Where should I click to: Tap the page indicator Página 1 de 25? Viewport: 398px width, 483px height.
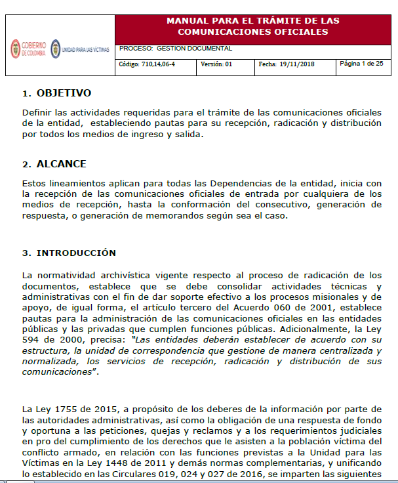coord(361,64)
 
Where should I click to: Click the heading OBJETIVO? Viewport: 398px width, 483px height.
coord(64,93)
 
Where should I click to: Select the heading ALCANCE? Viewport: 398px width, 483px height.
coord(61,164)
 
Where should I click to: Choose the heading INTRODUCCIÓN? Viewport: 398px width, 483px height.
coord(76,253)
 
